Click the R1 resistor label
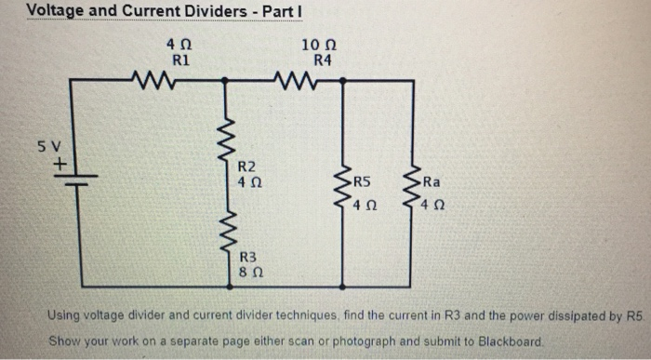point(181,60)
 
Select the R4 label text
point(319,60)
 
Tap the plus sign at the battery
point(61,164)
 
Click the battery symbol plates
point(73,180)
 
